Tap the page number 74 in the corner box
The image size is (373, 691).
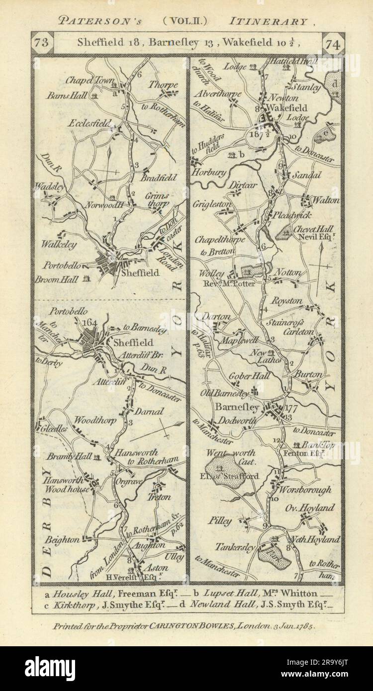click(332, 43)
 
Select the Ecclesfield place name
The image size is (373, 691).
click(89, 122)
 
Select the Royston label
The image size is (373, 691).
click(287, 301)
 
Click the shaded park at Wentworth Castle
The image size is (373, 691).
click(221, 469)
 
